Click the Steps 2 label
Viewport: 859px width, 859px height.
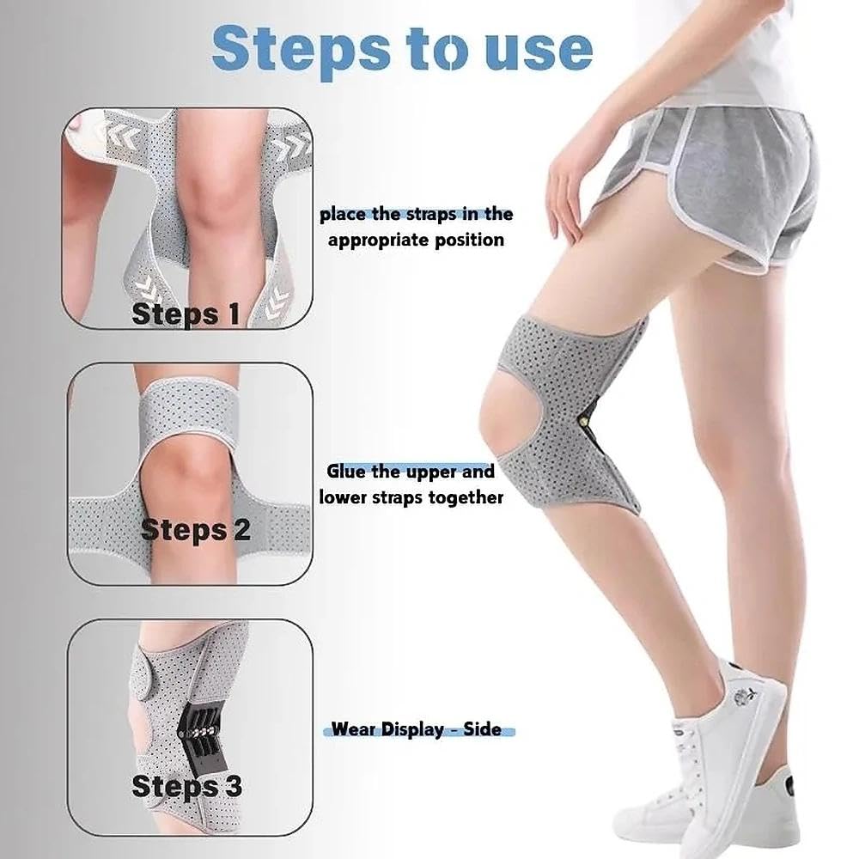tap(196, 529)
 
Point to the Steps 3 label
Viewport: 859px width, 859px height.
tap(186, 785)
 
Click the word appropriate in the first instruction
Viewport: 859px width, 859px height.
tap(381, 240)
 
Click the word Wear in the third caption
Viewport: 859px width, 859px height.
tap(353, 729)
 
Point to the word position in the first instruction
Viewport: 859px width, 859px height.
tap(471, 240)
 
